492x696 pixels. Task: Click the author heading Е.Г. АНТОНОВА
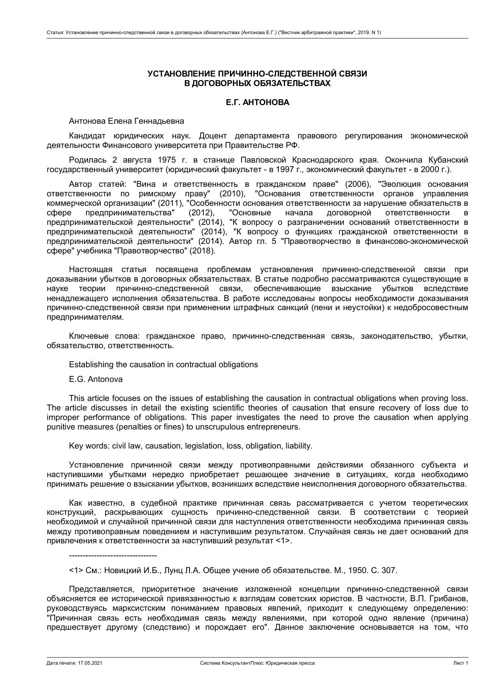[257, 102]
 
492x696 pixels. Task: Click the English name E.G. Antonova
[96, 379]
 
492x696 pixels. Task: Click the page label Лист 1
[461, 663]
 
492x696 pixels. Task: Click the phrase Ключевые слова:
[104, 336]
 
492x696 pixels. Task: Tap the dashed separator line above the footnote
[113, 556]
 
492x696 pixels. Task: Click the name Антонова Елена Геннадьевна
[126, 121]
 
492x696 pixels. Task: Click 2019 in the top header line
[363, 33]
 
